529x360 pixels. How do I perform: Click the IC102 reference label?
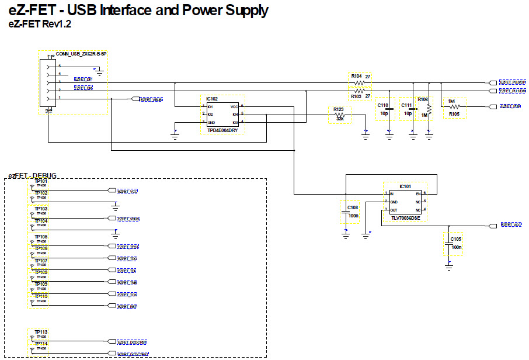coord(211,99)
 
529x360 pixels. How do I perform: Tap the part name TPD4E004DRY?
coord(222,131)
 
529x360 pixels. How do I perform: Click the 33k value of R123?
coord(339,119)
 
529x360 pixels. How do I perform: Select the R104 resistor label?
coord(356,76)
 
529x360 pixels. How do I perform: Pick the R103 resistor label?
coord(356,96)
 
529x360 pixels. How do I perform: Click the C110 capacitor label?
coord(383,105)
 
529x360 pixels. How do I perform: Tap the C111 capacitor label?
coord(406,105)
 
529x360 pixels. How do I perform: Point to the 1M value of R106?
coord(425,115)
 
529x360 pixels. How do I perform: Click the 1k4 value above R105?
coord(451,101)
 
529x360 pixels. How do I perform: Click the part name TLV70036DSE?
coord(402,218)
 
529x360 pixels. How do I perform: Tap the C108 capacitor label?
coord(352,207)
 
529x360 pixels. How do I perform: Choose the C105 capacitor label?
coord(455,240)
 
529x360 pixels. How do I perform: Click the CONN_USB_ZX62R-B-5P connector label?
coord(81,54)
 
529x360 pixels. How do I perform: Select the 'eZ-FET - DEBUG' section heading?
coord(33,176)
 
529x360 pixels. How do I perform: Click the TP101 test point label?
coord(41,182)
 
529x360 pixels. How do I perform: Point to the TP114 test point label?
coord(41,344)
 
